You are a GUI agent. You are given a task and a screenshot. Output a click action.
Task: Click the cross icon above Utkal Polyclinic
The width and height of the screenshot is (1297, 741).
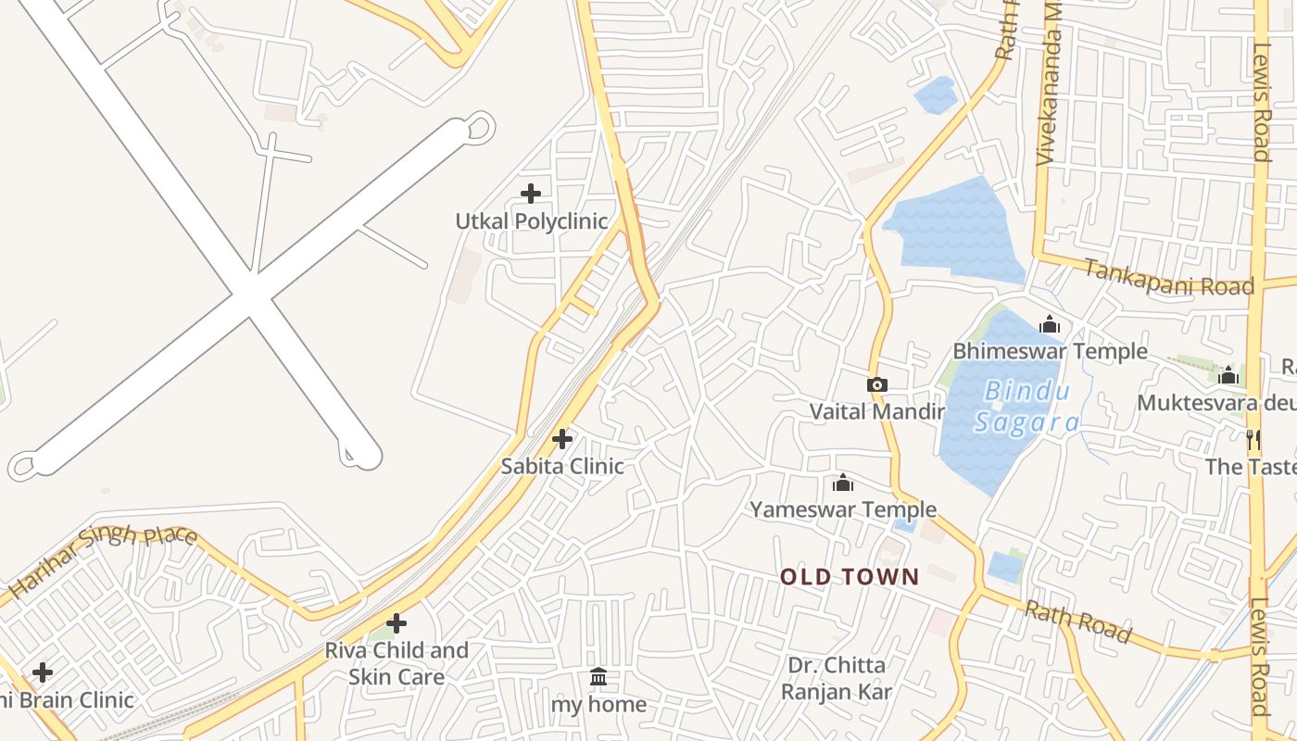click(531, 194)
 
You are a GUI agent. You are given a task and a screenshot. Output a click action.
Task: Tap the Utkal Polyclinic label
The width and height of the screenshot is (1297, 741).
click(531, 221)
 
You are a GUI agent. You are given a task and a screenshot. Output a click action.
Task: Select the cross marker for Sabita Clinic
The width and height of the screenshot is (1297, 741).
click(562, 439)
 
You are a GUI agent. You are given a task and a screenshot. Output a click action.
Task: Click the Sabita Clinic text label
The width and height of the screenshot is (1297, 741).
click(562, 466)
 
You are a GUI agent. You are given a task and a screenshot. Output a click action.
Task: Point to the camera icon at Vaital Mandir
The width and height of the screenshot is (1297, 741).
click(877, 384)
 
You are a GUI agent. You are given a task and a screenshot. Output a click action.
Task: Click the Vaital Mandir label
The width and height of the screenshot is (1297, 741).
click(877, 411)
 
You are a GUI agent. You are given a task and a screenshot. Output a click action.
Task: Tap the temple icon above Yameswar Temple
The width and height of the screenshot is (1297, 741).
click(843, 483)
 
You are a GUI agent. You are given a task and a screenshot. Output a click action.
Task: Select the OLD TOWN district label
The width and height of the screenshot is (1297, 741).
click(850, 577)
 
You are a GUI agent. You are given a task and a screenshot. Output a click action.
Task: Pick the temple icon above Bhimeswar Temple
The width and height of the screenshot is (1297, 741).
click(1050, 324)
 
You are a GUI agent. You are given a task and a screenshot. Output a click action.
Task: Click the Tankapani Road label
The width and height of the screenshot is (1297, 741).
click(1168, 277)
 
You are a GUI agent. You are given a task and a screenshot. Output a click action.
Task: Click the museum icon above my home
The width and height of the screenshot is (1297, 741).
click(598, 678)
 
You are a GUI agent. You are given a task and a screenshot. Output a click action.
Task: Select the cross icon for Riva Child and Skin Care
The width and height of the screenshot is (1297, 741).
click(397, 623)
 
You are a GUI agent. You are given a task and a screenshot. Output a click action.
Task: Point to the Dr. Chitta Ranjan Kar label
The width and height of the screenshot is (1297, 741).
click(836, 678)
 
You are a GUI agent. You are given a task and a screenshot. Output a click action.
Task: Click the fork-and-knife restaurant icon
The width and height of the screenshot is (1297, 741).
click(1253, 439)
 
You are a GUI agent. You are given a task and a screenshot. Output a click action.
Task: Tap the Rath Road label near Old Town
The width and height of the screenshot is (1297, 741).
click(1077, 622)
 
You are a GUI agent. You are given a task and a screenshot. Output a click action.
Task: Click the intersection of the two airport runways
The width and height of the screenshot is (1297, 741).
click(250, 296)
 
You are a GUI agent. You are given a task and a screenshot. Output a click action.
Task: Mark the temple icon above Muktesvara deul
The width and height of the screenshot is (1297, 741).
click(1228, 375)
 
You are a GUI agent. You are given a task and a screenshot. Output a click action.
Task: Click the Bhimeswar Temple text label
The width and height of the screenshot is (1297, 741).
click(1050, 351)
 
